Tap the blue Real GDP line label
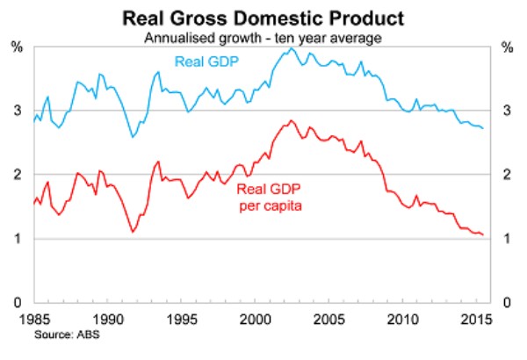(x=207, y=61)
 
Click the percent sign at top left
(x=16, y=47)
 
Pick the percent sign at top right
(x=509, y=47)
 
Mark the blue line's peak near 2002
(x=291, y=48)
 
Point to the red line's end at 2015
(x=483, y=234)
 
